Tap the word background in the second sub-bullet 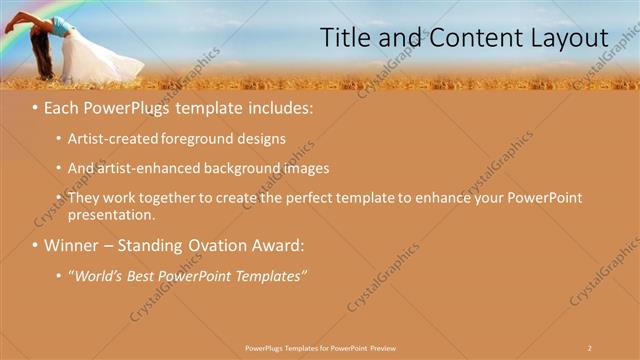244,168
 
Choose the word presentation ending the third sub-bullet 111,214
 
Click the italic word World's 98,275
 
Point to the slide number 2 589,347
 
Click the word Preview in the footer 381,347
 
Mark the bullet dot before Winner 36,245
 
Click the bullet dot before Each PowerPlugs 36,106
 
